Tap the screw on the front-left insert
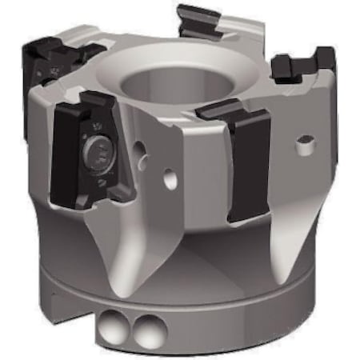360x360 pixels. click(97, 151)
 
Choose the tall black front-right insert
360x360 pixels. click(243, 160)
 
